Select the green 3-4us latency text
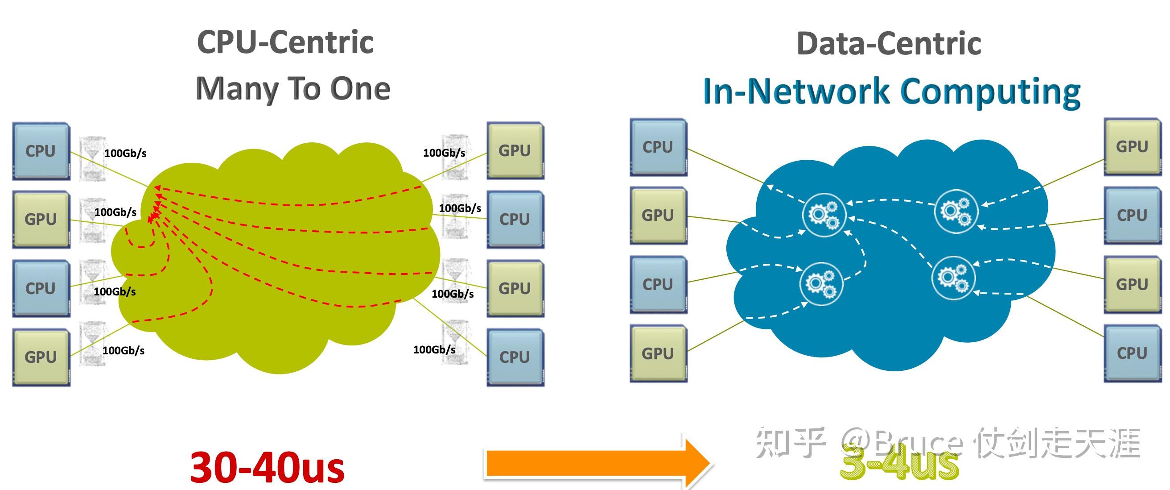coord(899,464)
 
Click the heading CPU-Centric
coord(285,42)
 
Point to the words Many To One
coord(293,89)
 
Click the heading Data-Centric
coord(889,44)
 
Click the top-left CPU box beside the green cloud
coord(41,151)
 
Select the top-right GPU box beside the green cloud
coord(515,150)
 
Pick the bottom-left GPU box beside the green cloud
coord(41,357)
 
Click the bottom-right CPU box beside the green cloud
coord(515,357)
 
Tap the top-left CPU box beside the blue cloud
coord(658,147)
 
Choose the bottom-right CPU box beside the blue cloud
coord(1132,353)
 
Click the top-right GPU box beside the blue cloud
coord(1132,147)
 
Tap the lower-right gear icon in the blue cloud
coord(953,277)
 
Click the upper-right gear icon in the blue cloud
coord(956,212)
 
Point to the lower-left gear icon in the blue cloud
coord(821,283)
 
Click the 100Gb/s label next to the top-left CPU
coord(125,154)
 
